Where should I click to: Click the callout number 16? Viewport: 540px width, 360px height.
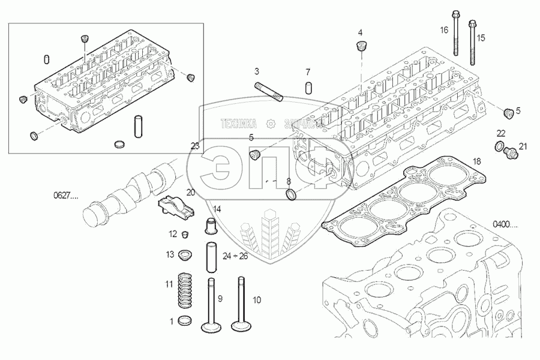click(444, 29)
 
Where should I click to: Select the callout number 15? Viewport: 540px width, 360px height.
click(481, 38)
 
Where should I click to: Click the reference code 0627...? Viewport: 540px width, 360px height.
click(65, 195)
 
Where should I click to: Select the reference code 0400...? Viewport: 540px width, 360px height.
click(505, 224)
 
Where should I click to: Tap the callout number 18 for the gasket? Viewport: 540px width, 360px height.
click(476, 161)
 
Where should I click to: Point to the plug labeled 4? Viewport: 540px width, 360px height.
click(361, 46)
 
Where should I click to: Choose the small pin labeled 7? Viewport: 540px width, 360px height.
click(307, 87)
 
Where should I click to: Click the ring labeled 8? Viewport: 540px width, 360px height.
click(291, 195)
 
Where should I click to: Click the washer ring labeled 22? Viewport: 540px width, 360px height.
click(499, 146)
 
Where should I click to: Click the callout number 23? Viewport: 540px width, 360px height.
click(194, 146)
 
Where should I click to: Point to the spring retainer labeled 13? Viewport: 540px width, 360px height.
click(185, 256)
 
